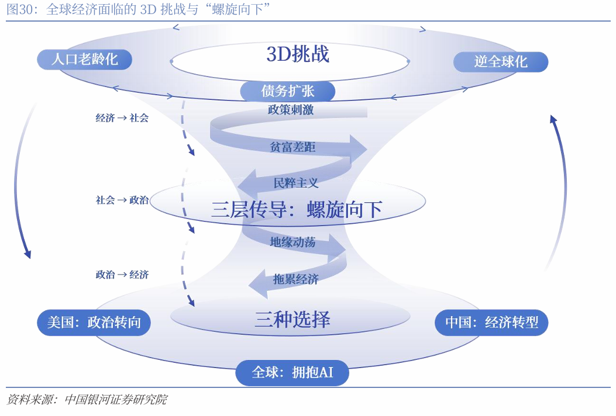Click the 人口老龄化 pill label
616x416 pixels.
click(x=84, y=59)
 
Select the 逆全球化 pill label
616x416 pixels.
click(x=501, y=62)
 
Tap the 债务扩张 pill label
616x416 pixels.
click(x=287, y=92)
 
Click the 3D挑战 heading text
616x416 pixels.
click(x=298, y=54)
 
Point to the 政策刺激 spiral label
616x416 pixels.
click(x=291, y=110)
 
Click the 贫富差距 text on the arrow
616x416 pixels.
click(x=292, y=147)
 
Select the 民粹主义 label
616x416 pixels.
click(x=296, y=183)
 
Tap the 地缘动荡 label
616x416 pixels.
click(x=292, y=242)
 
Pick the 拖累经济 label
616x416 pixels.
click(x=296, y=279)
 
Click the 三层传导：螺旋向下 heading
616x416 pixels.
click(x=297, y=209)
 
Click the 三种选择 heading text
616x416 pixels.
click(x=292, y=319)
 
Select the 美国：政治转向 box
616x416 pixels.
click(x=94, y=323)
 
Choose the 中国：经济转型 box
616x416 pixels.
click(x=491, y=323)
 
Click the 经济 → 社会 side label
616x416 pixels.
click(x=122, y=118)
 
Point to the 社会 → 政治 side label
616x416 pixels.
click(x=122, y=200)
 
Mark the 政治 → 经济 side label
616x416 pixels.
click(x=122, y=275)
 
